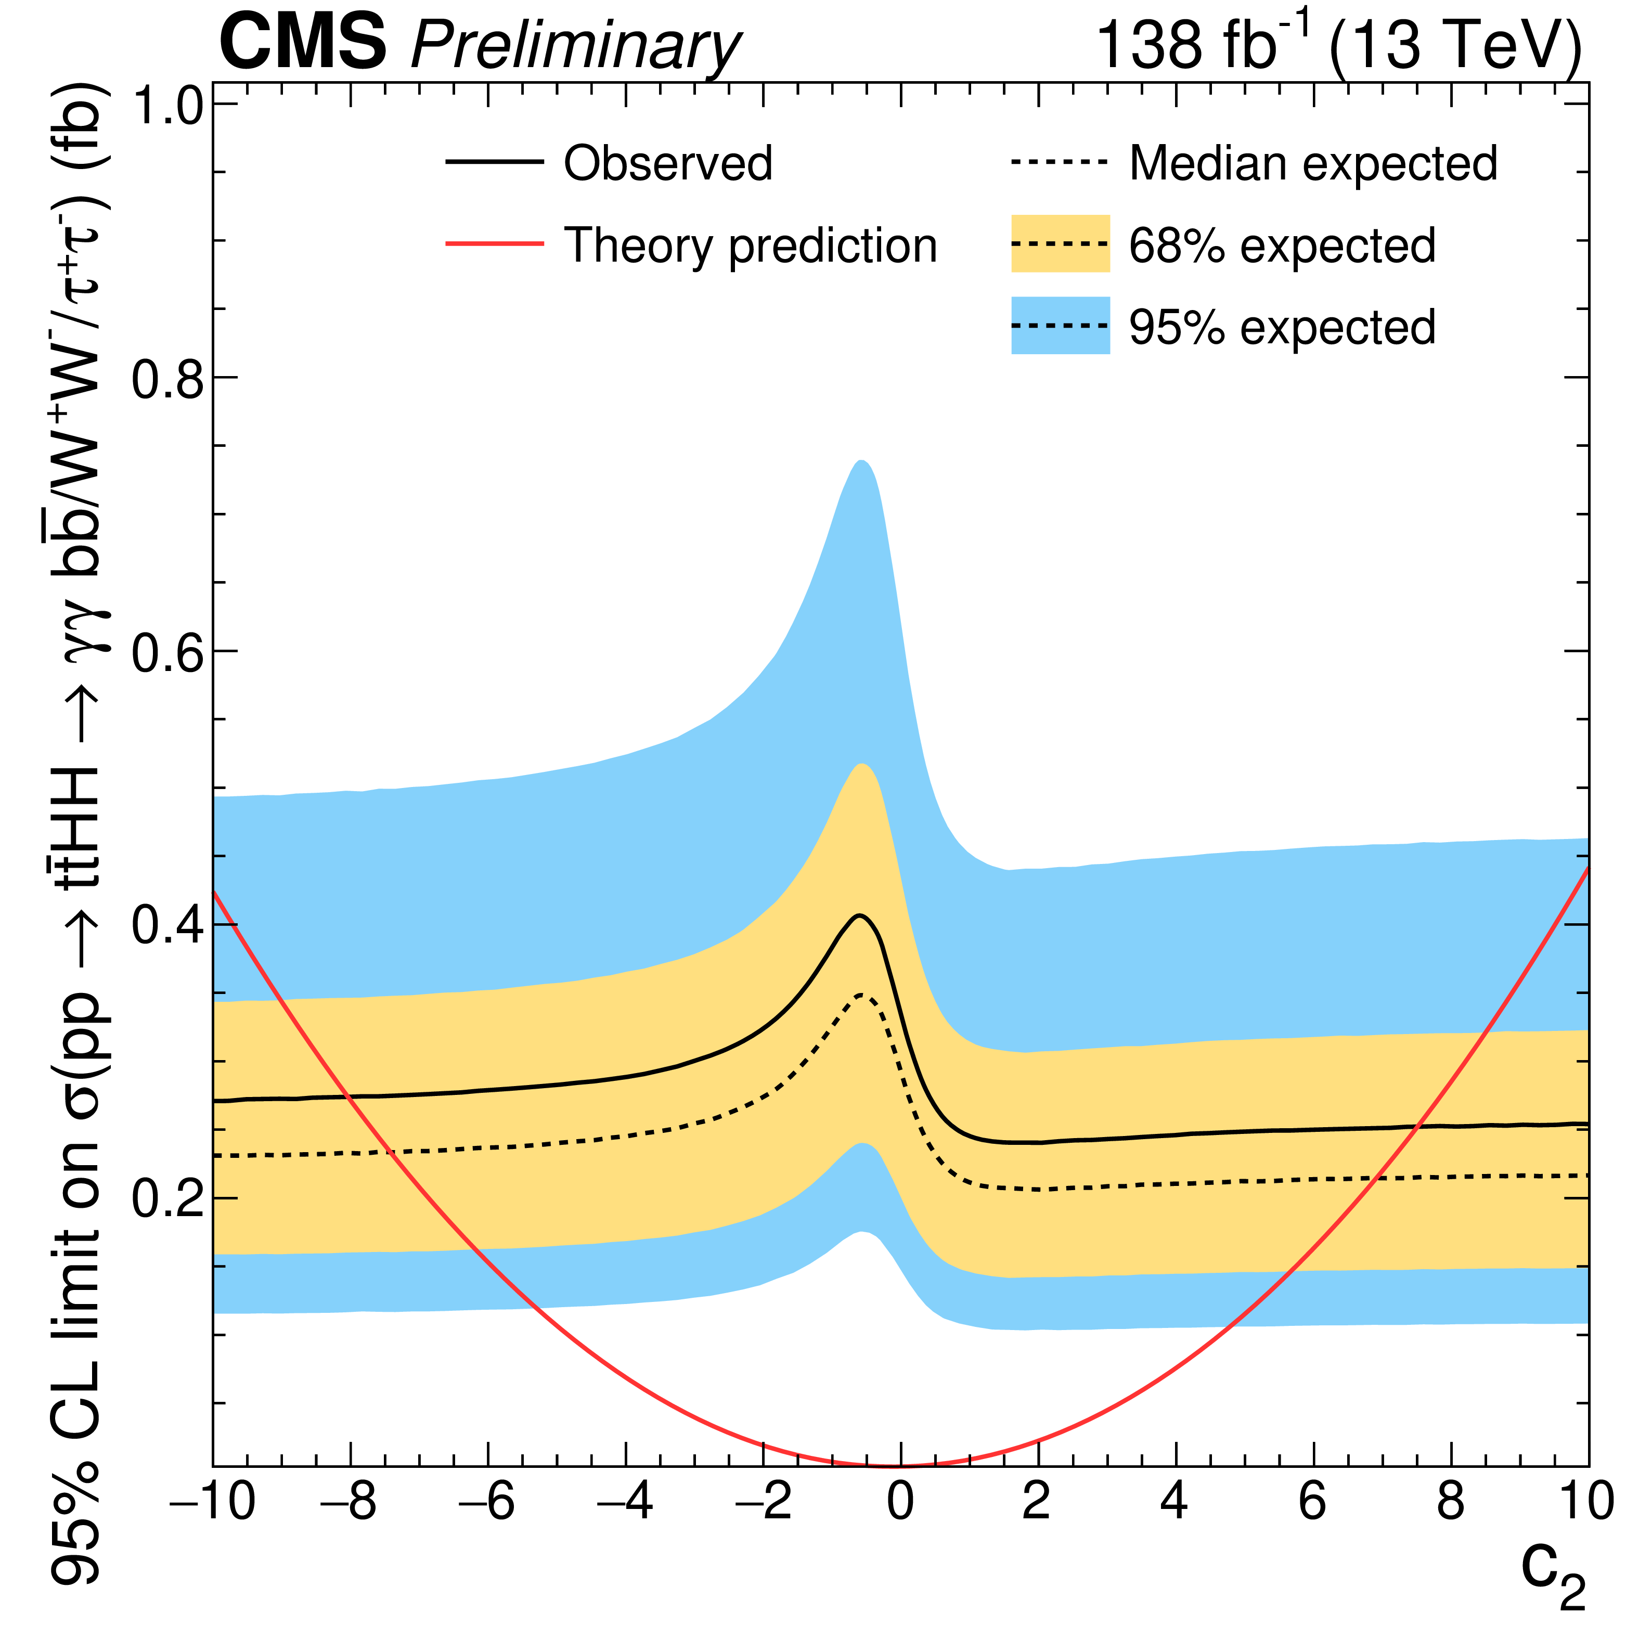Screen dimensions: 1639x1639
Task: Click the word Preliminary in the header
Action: click(575, 47)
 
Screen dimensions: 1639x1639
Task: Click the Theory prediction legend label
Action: click(750, 246)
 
